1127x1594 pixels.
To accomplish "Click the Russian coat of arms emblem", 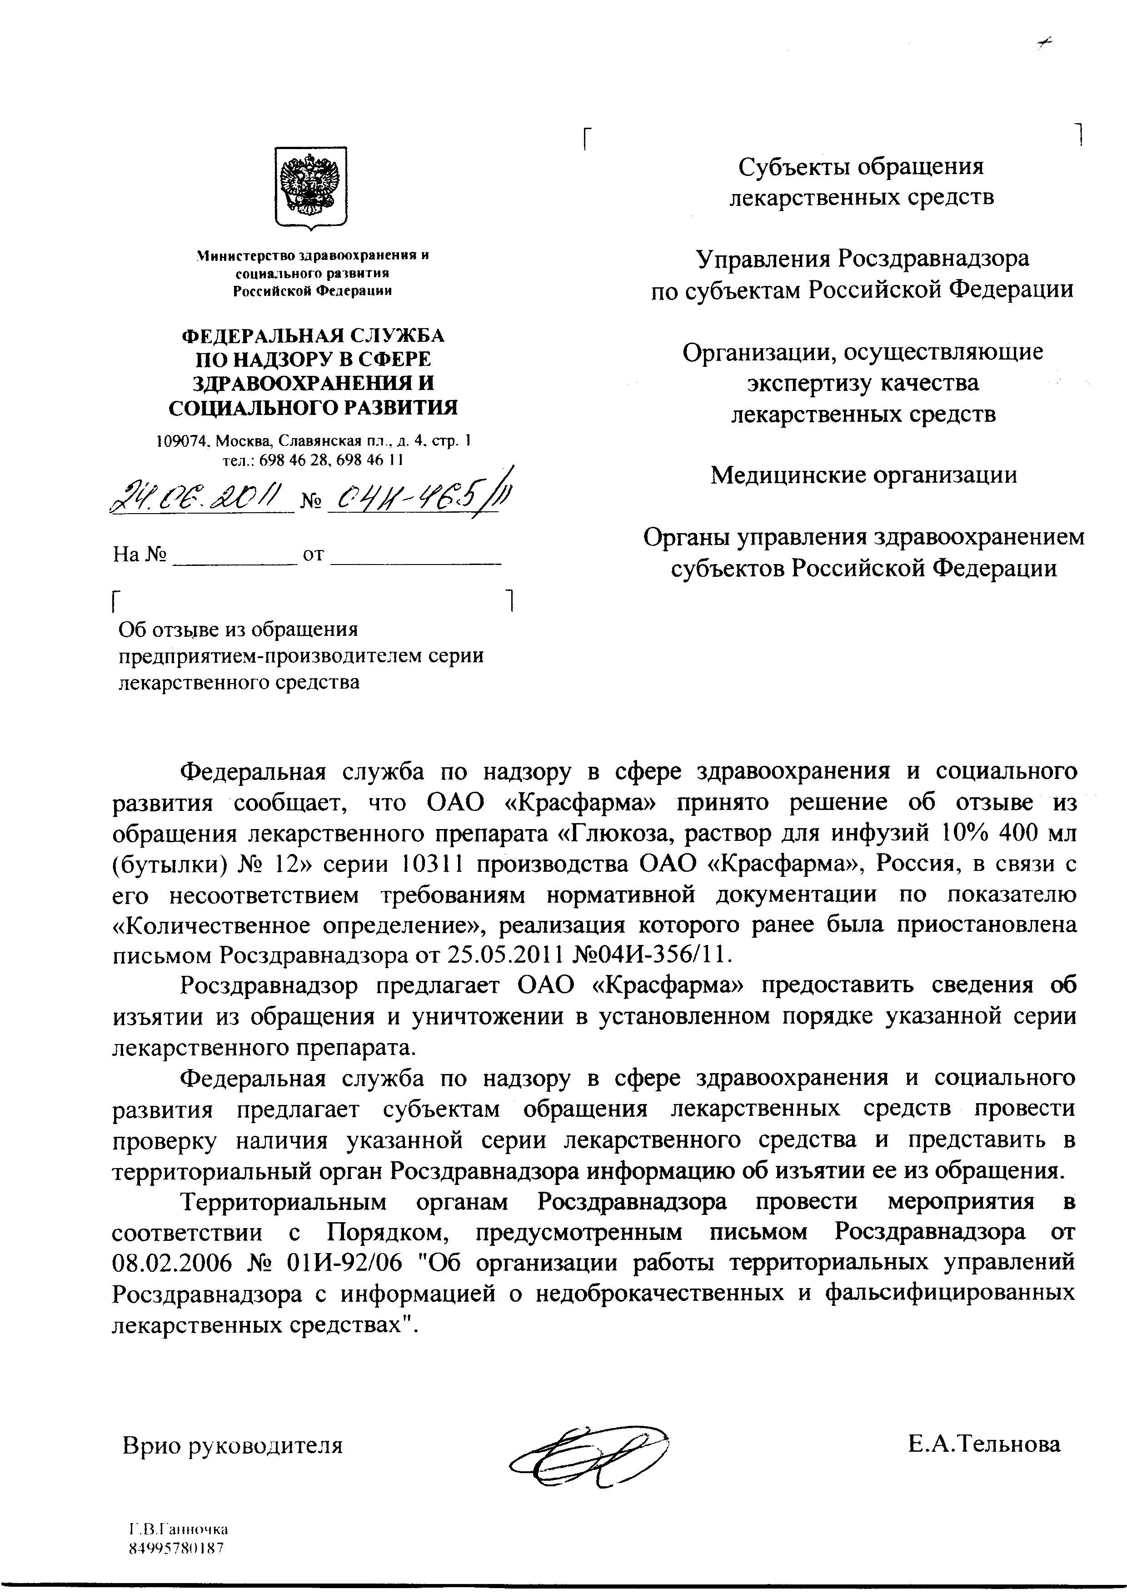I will (x=310, y=186).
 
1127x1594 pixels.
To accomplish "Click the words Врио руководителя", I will (x=233, y=1446).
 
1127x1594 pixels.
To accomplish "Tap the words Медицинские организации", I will (x=864, y=475).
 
